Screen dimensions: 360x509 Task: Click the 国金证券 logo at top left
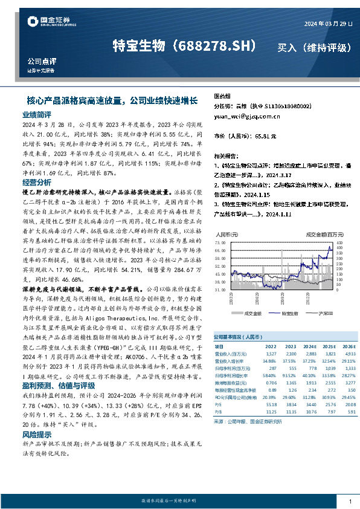pyautogui.click(x=45, y=22)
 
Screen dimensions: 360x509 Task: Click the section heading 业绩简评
pyautogui.click(x=37, y=114)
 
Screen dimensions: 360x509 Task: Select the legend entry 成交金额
pyautogui.click(x=252, y=313)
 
